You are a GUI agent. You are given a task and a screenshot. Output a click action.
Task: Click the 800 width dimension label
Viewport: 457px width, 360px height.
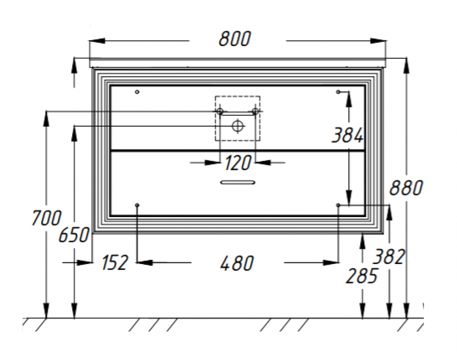(234, 39)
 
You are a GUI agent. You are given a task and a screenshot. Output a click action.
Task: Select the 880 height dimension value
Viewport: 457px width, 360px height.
(406, 188)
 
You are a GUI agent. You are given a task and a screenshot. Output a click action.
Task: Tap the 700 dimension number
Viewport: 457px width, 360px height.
(46, 218)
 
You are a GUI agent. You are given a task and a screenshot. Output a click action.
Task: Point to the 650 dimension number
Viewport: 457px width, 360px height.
(74, 235)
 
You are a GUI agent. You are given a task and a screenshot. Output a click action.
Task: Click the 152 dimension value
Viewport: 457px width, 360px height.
(115, 262)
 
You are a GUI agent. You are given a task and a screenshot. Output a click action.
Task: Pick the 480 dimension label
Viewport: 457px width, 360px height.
(237, 263)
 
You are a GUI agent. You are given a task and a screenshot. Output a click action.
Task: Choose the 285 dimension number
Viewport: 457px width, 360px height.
(361, 276)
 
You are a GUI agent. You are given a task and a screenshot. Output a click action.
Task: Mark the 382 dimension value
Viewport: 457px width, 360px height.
(389, 257)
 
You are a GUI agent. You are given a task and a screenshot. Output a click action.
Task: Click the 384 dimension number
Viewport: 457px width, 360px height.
(347, 135)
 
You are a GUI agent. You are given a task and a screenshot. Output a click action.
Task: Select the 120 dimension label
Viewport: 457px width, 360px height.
(238, 163)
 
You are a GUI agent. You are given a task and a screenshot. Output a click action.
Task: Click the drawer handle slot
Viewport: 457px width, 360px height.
(238, 182)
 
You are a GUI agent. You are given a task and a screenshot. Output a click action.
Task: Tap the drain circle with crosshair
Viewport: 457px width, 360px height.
(237, 126)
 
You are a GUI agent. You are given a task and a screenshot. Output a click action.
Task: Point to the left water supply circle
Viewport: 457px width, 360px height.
(220, 111)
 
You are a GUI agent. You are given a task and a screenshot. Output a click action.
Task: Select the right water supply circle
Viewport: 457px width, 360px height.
(255, 111)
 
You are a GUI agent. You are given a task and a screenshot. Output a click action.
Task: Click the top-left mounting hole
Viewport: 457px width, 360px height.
(137, 92)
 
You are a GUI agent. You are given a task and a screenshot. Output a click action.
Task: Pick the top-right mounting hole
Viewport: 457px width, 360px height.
(338, 92)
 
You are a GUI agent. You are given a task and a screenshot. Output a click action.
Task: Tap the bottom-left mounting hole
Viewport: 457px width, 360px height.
(137, 205)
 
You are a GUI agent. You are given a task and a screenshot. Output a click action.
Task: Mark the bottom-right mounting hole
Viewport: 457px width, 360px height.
(338, 205)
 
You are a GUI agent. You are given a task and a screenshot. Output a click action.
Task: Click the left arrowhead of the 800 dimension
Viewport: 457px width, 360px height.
(97, 41)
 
